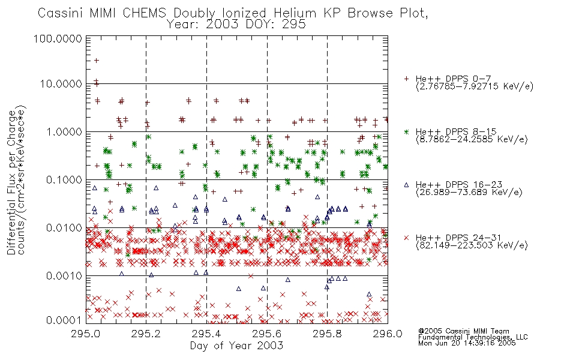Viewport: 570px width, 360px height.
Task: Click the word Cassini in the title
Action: pos(61,13)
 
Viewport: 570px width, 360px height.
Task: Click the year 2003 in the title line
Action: pos(222,25)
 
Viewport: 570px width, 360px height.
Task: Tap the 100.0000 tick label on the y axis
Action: pos(58,38)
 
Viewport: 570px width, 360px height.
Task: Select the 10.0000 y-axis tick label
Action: pos(61,84)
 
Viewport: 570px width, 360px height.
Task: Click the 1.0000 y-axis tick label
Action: pos(64,131)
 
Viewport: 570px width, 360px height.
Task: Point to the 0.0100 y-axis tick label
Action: pos(64,228)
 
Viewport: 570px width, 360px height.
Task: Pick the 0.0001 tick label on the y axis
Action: pos(64,320)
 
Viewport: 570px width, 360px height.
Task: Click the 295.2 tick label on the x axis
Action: pos(146,334)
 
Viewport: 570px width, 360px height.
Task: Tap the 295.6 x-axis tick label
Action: pos(267,334)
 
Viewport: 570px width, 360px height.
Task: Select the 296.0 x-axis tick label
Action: pos(388,334)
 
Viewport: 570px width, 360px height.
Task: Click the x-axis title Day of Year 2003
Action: pos(236,346)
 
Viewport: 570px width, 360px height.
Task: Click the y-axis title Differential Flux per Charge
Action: pos(11,182)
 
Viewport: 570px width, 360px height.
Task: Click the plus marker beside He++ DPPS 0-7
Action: pos(406,79)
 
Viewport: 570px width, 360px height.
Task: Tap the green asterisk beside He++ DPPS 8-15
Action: pos(406,131)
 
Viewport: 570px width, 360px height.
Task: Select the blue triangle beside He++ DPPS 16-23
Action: pos(406,185)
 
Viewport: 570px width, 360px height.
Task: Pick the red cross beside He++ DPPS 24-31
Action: pos(406,238)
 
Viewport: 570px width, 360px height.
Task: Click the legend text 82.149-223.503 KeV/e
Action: pos(472,245)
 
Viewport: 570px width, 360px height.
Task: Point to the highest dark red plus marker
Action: pos(97,61)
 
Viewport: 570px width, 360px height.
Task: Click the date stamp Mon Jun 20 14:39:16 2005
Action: pos(467,343)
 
